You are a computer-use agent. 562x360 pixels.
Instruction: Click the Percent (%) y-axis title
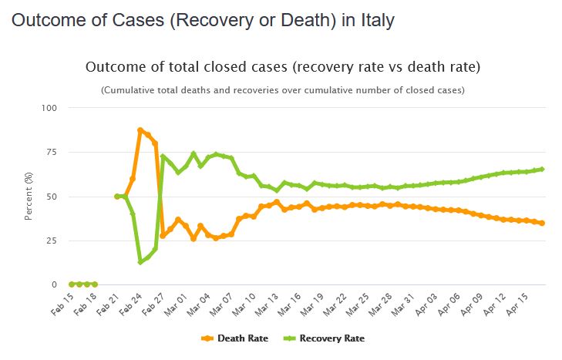tap(29, 197)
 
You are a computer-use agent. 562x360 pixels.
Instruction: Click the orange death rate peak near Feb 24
tap(140, 130)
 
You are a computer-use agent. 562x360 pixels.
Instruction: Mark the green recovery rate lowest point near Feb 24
tap(140, 262)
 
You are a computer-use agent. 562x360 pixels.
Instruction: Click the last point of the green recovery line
tap(543, 170)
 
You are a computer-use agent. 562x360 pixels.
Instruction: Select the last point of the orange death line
tap(543, 224)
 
